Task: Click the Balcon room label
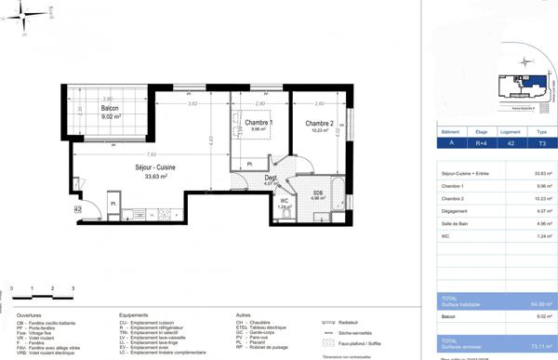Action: pyautogui.click(x=110, y=109)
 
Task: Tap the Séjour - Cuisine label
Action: pyautogui.click(x=154, y=167)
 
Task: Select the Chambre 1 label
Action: pyautogui.click(x=259, y=123)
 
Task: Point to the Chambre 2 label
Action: pyautogui.click(x=319, y=124)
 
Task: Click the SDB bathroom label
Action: pyautogui.click(x=317, y=193)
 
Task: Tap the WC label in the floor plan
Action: pyautogui.click(x=284, y=201)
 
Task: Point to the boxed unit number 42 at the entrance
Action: pyautogui.click(x=78, y=210)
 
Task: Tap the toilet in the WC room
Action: pyautogui.click(x=286, y=215)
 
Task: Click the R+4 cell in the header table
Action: pyautogui.click(x=482, y=143)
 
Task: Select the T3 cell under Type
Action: pyautogui.click(x=541, y=143)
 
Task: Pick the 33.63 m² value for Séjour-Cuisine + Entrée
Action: pyautogui.click(x=543, y=174)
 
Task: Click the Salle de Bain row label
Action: pyautogui.click(x=457, y=223)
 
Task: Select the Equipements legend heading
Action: pyautogui.click(x=134, y=315)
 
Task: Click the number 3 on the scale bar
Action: pyautogui.click(x=73, y=288)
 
